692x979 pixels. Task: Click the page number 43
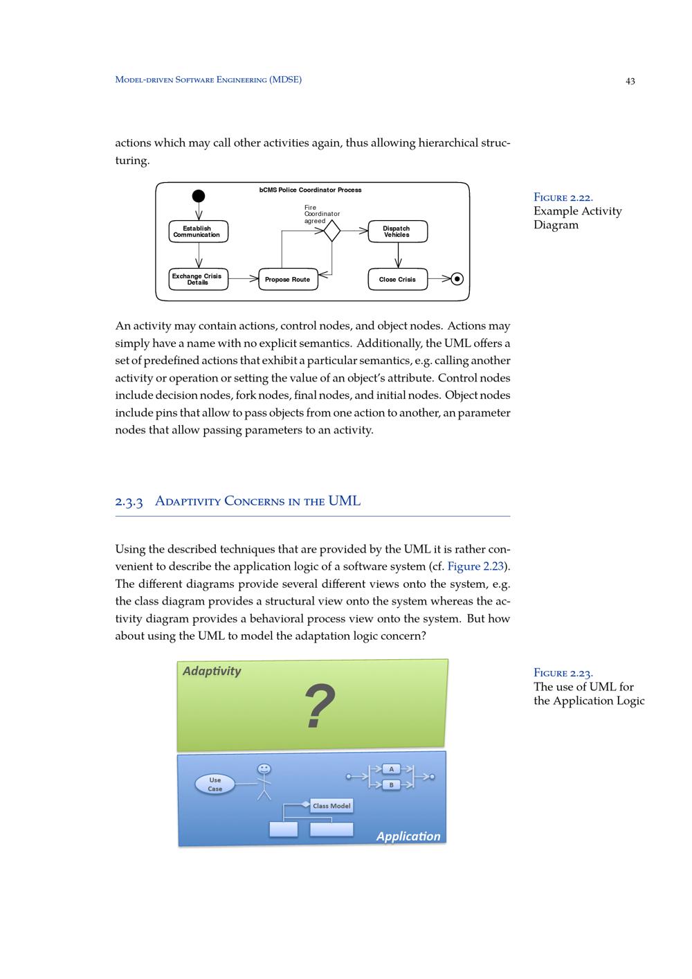[630, 81]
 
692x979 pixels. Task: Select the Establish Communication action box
[198, 232]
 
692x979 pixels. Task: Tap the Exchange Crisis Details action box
[198, 279]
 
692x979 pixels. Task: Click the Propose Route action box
[287, 280]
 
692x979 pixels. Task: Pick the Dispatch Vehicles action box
[397, 232]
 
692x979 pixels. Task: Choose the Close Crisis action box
[397, 280]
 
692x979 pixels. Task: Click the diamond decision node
[332, 231]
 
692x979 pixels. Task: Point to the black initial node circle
[199, 196]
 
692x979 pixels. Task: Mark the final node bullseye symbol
[457, 279]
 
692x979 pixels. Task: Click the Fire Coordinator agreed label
[321, 214]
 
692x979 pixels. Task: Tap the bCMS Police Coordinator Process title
[310, 190]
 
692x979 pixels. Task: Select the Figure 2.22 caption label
[563, 197]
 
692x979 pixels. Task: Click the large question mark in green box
[320, 706]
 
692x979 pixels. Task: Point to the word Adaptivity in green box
[212, 671]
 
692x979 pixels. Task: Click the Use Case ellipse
[215, 784]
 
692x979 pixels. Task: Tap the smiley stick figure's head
[264, 769]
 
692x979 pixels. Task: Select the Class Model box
[331, 806]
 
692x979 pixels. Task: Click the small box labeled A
[392, 769]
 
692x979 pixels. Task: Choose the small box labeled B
[392, 785]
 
